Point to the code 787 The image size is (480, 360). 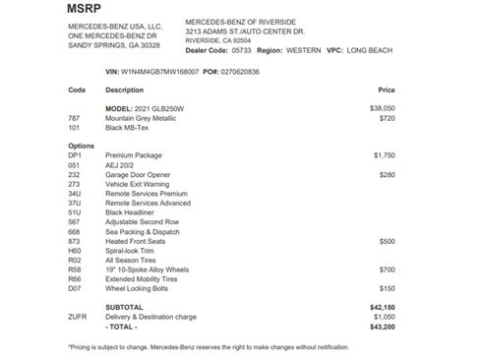[74, 117]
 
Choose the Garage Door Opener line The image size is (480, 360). [133, 174]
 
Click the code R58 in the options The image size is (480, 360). [75, 269]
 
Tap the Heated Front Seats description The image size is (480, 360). [134, 241]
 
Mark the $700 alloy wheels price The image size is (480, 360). [387, 269]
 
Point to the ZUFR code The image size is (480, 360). [78, 317]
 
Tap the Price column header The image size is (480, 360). [386, 90]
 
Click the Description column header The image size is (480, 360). [124, 90]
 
